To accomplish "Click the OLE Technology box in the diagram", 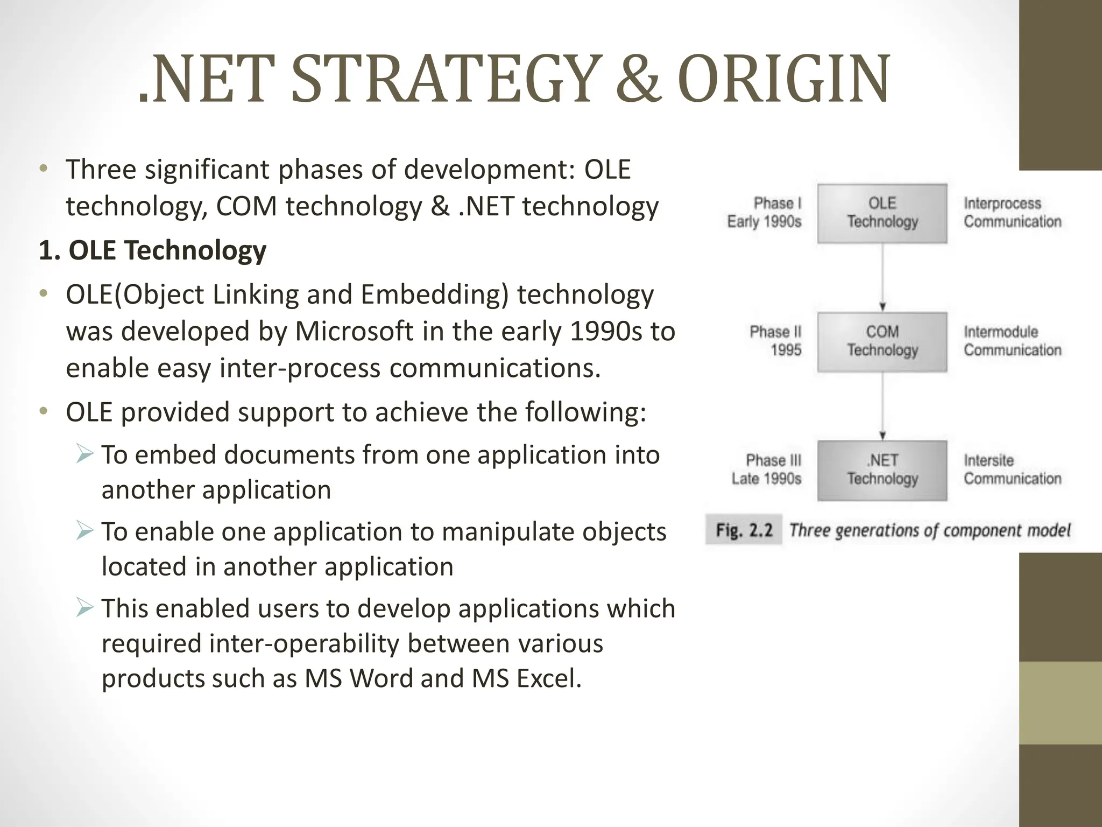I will click(x=882, y=213).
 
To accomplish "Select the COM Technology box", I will click(x=882, y=341).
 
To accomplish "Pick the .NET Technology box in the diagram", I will click(x=882, y=470).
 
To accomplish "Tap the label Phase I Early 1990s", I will click(x=765, y=213).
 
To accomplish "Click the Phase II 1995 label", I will click(x=775, y=341).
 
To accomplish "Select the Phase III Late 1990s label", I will click(x=767, y=469).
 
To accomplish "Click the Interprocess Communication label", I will click(x=1012, y=213).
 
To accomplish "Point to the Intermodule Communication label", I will click(x=1012, y=341).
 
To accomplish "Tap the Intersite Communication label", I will click(x=1012, y=469).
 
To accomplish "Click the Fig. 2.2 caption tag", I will click(x=744, y=530).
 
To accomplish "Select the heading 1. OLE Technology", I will click(x=153, y=250).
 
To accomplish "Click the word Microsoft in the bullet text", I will click(x=354, y=331).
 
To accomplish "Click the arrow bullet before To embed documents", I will click(x=84, y=454).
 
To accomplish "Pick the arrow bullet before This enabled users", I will click(x=84, y=607).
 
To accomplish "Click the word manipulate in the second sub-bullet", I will click(x=501, y=531).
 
